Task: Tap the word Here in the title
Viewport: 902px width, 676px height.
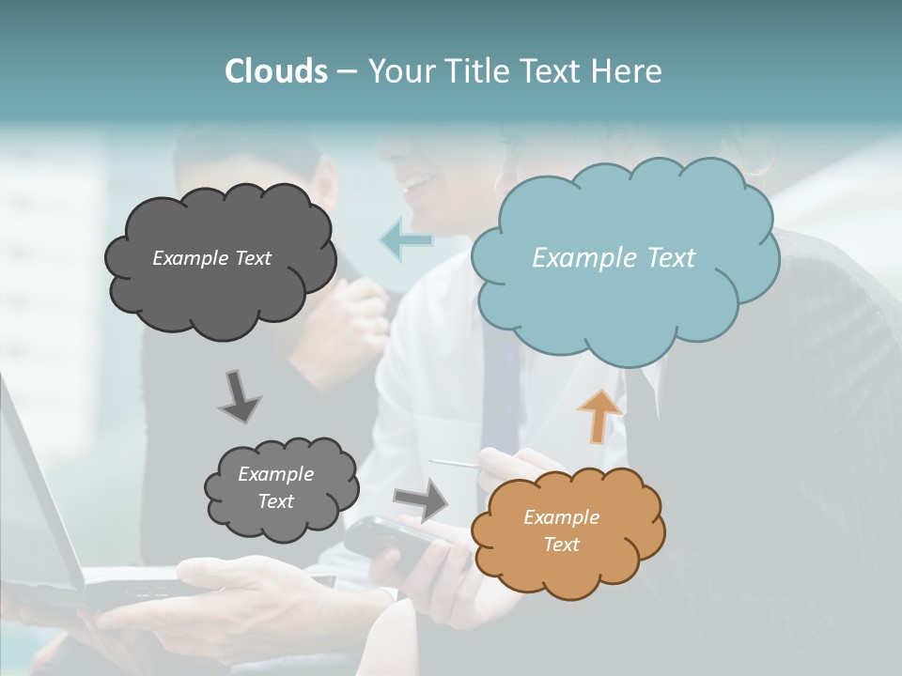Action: tap(628, 71)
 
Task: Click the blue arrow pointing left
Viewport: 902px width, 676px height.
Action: tap(406, 240)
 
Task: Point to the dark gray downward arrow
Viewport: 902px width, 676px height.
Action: tap(239, 396)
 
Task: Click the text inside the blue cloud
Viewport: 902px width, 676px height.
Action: tap(614, 258)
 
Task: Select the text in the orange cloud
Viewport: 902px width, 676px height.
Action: tap(561, 530)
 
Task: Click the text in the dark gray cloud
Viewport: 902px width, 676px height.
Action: tap(211, 258)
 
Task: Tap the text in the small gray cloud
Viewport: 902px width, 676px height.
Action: tap(275, 487)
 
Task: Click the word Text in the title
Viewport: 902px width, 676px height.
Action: tap(557, 71)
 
